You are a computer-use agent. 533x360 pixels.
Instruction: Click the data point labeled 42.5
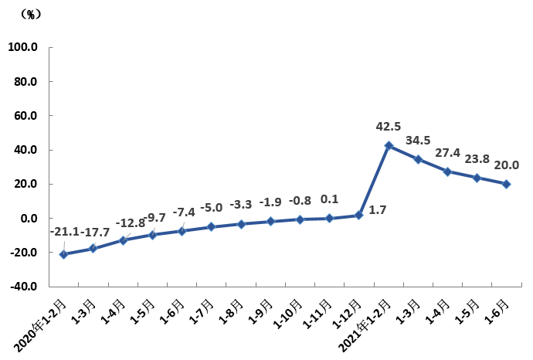389,145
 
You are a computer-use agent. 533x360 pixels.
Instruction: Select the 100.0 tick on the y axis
23,47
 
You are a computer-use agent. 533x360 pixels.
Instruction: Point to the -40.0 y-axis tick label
23,287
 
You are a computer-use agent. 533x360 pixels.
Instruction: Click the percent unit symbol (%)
30,14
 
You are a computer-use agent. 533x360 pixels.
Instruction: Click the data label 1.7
379,209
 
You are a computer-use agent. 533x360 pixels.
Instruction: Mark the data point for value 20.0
506,184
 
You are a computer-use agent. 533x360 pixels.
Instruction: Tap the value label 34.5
419,141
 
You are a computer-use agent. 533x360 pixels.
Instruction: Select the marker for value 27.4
447,172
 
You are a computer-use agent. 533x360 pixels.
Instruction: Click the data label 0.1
329,199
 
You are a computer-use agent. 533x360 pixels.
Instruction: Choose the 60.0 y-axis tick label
25,116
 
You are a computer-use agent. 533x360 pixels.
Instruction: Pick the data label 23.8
477,159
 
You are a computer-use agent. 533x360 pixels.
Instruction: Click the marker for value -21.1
64,254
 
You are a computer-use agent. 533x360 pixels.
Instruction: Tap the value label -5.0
212,208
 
